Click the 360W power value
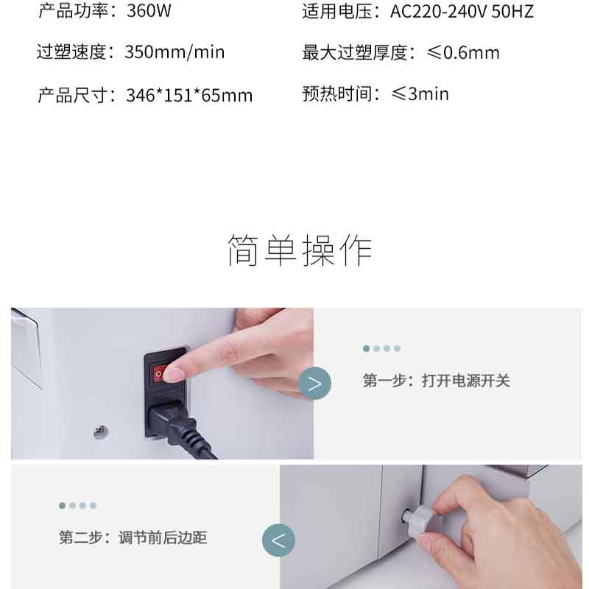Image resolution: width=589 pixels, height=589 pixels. pos(149,10)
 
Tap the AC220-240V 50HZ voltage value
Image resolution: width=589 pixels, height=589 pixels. pos(462,11)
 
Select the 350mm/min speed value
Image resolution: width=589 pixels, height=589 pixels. pos(174,52)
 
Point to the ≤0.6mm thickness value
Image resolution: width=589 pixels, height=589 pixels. pos(463,52)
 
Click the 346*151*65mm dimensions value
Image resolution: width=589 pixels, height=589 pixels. pos(189,95)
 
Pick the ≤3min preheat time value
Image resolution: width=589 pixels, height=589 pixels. pos(420,94)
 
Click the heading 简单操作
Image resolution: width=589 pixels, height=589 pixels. pos(300,250)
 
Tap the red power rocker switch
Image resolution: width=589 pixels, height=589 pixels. pos(161,374)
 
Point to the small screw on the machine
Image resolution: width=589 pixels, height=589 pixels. pos(101,431)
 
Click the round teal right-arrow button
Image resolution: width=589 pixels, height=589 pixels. pos(315,383)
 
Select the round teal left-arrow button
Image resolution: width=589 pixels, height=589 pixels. pos(278,540)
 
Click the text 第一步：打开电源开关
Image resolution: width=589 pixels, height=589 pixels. pos(436,381)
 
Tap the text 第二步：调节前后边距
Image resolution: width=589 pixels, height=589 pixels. pos(133,537)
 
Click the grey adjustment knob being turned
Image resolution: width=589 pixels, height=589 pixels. pos(419,518)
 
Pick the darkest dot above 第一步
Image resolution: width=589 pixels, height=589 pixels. pos(366,348)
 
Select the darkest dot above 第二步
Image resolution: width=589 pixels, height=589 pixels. pos(63,506)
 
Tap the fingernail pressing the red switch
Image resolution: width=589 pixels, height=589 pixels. pos(173,375)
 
